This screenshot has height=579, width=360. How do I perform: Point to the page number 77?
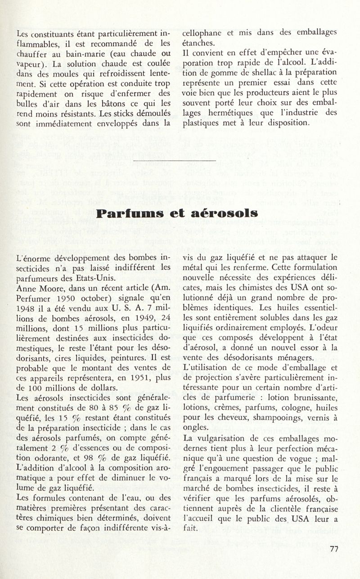click(x=333, y=548)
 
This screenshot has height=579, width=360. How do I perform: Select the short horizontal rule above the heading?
click(x=175, y=160)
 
